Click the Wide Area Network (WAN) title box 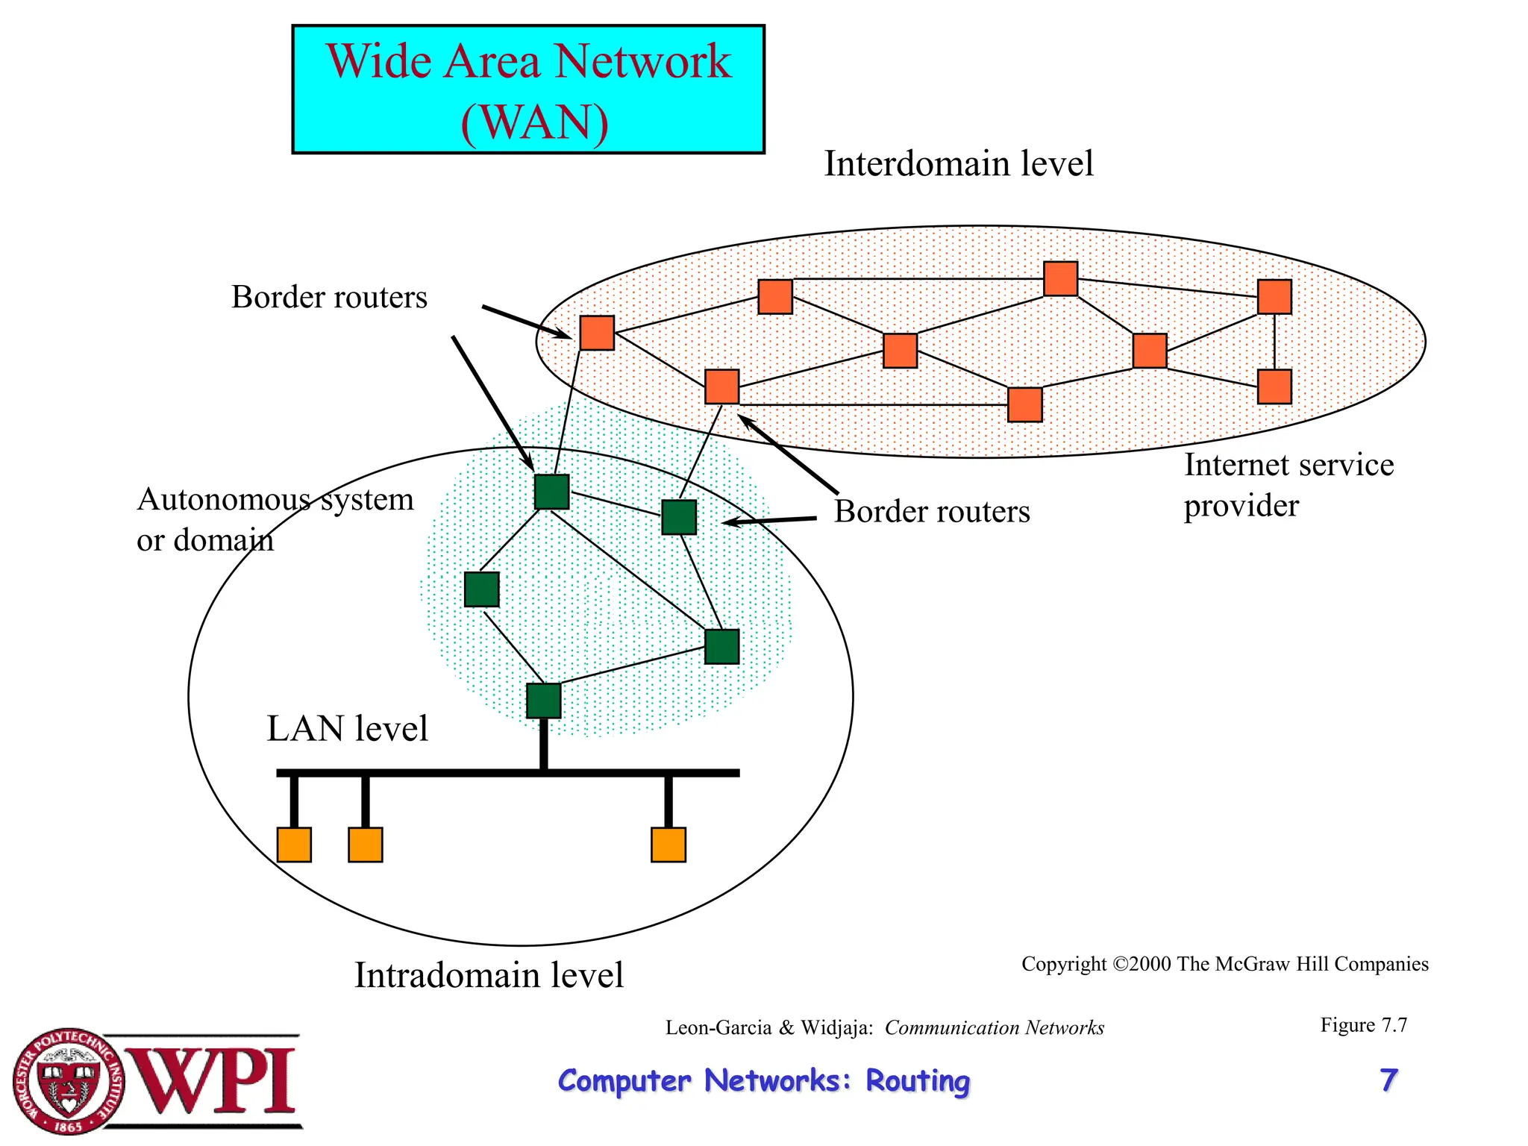[528, 90]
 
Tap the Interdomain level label [958, 163]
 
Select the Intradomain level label [489, 975]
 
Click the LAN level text [347, 729]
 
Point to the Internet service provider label [1288, 485]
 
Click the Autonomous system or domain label [275, 519]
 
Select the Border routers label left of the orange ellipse [329, 297]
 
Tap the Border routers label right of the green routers [931, 512]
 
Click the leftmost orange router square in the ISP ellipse [597, 333]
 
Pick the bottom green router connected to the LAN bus [543, 701]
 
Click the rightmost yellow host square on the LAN [668, 845]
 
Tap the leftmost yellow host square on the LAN [294, 845]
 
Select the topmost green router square [551, 492]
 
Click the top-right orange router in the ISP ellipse [1274, 297]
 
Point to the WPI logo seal [69, 1081]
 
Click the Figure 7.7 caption [1363, 1025]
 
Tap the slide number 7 [1388, 1080]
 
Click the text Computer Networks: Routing [763, 1080]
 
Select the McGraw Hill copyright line [1224, 964]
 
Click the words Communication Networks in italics [994, 1028]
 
